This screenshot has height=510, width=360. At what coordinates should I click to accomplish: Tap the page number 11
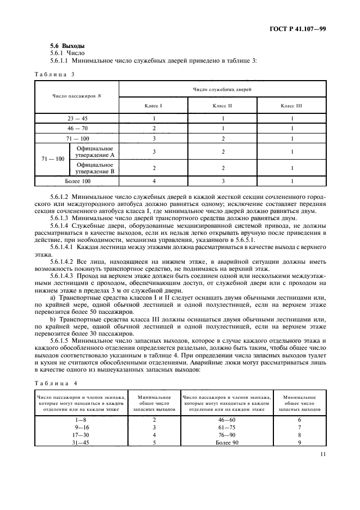click(322, 451)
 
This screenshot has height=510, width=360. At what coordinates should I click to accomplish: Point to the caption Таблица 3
click(55, 74)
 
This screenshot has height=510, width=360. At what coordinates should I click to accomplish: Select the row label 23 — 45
click(77, 118)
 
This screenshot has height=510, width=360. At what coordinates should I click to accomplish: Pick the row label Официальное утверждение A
click(95, 151)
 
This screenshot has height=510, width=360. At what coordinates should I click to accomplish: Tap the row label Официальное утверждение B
click(95, 168)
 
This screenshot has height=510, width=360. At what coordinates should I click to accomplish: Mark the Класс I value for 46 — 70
click(154, 129)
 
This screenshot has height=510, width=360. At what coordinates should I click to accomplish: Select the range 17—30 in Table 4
click(81, 435)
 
